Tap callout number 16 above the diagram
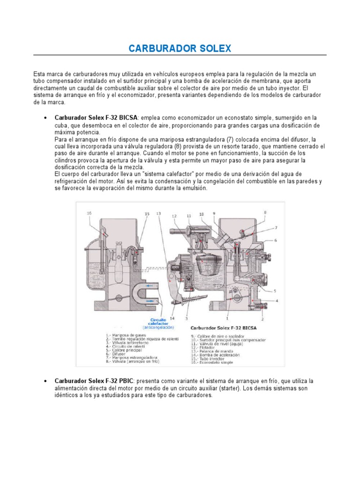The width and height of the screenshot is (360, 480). (x=89, y=213)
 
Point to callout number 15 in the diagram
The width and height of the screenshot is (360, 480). (x=147, y=214)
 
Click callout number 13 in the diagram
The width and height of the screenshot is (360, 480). (x=158, y=213)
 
